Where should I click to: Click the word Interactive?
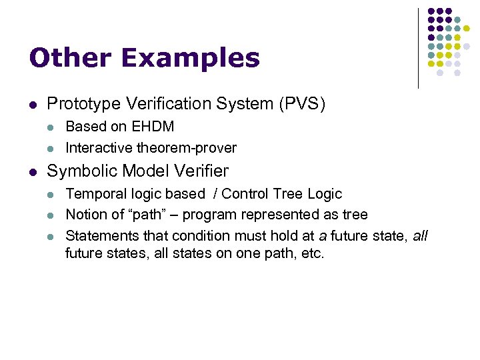pyautogui.click(x=97, y=147)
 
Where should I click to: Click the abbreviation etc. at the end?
pyautogui.click(x=311, y=253)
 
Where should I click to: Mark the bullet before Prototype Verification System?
pyautogui.click(x=33, y=105)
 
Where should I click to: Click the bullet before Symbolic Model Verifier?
pyautogui.click(x=33, y=172)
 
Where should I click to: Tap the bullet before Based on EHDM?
pyautogui.click(x=53, y=127)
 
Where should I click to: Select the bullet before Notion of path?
pyautogui.click(x=53, y=215)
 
